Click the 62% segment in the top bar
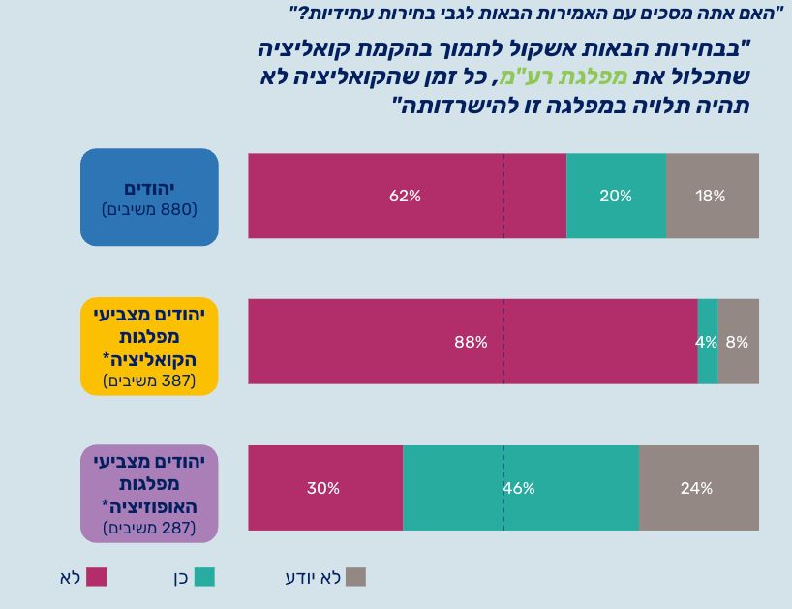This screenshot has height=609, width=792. click(x=407, y=196)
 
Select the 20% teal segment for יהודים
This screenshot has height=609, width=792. click(x=616, y=196)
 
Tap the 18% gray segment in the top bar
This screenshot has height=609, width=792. click(x=712, y=196)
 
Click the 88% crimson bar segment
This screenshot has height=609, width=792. click(x=472, y=342)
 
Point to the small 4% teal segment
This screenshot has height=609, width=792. click(x=707, y=342)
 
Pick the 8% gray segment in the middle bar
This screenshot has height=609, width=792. click(x=738, y=342)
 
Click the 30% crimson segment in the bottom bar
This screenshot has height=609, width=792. click(x=324, y=488)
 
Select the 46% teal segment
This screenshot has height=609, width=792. click(x=520, y=488)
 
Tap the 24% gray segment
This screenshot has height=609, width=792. click(x=698, y=488)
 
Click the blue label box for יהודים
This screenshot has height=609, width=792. click(x=149, y=197)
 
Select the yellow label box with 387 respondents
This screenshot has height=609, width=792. click(x=149, y=347)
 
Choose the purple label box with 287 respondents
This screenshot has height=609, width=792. click(x=149, y=493)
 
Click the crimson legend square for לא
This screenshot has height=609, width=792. click(x=97, y=577)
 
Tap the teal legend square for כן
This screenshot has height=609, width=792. click(x=204, y=577)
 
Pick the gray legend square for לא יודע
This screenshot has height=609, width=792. click(x=356, y=577)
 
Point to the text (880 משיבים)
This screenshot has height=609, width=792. click(x=149, y=209)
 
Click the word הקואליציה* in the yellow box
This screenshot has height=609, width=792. click(x=149, y=359)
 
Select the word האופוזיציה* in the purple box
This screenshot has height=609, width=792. click(x=149, y=506)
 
